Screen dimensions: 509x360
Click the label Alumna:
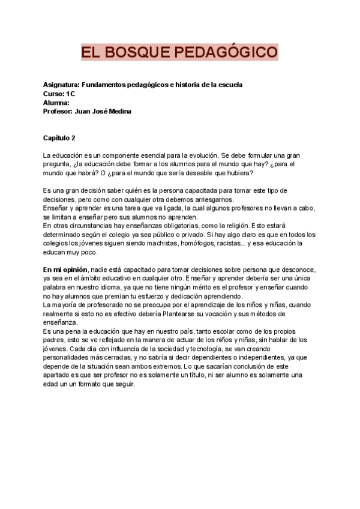(x=56, y=103)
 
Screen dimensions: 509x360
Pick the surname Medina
(x=118, y=111)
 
